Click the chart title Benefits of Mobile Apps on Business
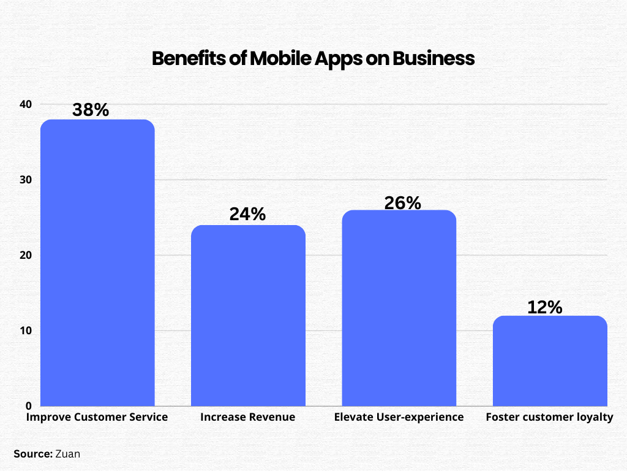313,58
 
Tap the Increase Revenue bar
248,315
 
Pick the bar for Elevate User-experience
399,308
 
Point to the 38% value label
91,110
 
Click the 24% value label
247,214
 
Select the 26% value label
402,203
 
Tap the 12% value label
544,307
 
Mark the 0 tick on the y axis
28,406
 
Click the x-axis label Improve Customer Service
97,418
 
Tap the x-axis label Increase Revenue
247,418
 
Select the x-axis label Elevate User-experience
399,418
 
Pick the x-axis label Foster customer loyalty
549,418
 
